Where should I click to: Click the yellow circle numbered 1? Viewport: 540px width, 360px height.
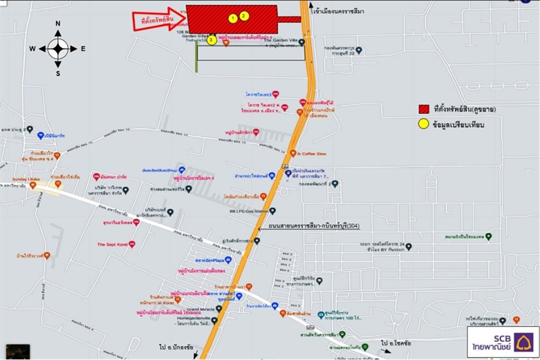(233, 18)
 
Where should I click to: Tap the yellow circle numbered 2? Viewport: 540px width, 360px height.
(244, 16)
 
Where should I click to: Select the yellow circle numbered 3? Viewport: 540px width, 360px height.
(212, 40)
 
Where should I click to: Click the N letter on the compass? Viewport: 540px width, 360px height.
(58, 24)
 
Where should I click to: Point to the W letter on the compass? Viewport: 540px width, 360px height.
(33, 49)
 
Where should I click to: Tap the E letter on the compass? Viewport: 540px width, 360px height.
(83, 49)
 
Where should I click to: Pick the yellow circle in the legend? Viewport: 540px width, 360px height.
(424, 125)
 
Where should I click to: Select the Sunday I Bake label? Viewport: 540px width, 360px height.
(26, 178)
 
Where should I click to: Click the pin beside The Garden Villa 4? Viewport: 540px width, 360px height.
(302, 42)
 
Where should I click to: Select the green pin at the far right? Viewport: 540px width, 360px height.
(489, 236)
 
